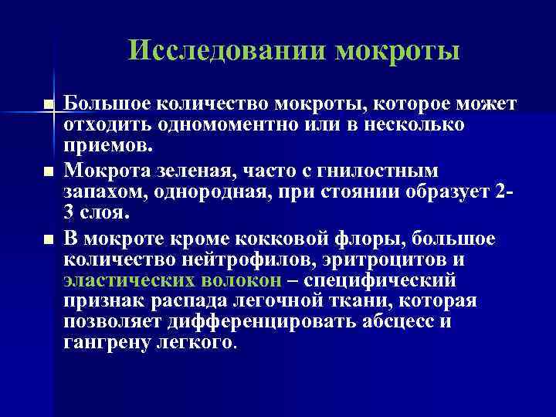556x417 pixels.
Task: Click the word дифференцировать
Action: [x=254, y=320]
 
